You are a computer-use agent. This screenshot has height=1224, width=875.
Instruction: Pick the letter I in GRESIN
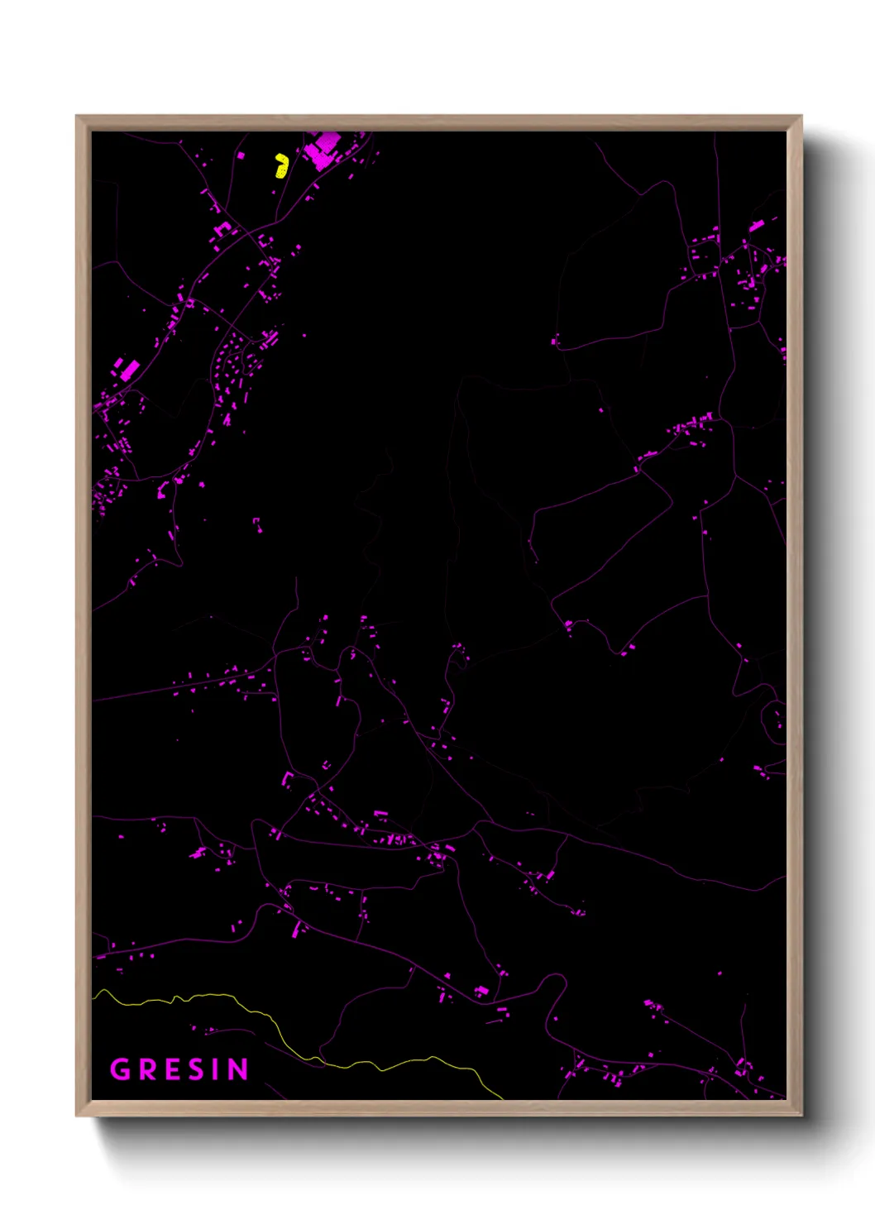coord(218,1069)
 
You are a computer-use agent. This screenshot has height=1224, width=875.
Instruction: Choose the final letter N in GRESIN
coord(237,1069)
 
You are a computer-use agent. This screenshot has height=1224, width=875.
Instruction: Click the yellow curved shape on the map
coord(281,165)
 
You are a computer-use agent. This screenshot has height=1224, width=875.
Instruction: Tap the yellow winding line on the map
coord(248,1008)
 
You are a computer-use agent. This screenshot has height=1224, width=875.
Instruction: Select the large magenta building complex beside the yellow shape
coord(321,151)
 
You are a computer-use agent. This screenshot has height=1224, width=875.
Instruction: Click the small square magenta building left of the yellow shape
coord(241,155)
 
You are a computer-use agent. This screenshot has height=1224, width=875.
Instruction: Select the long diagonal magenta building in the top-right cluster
coord(756,225)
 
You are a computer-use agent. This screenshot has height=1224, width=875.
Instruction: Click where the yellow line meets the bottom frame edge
coord(502,1097)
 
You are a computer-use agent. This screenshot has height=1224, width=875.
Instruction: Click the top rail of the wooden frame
coord(438,122)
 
